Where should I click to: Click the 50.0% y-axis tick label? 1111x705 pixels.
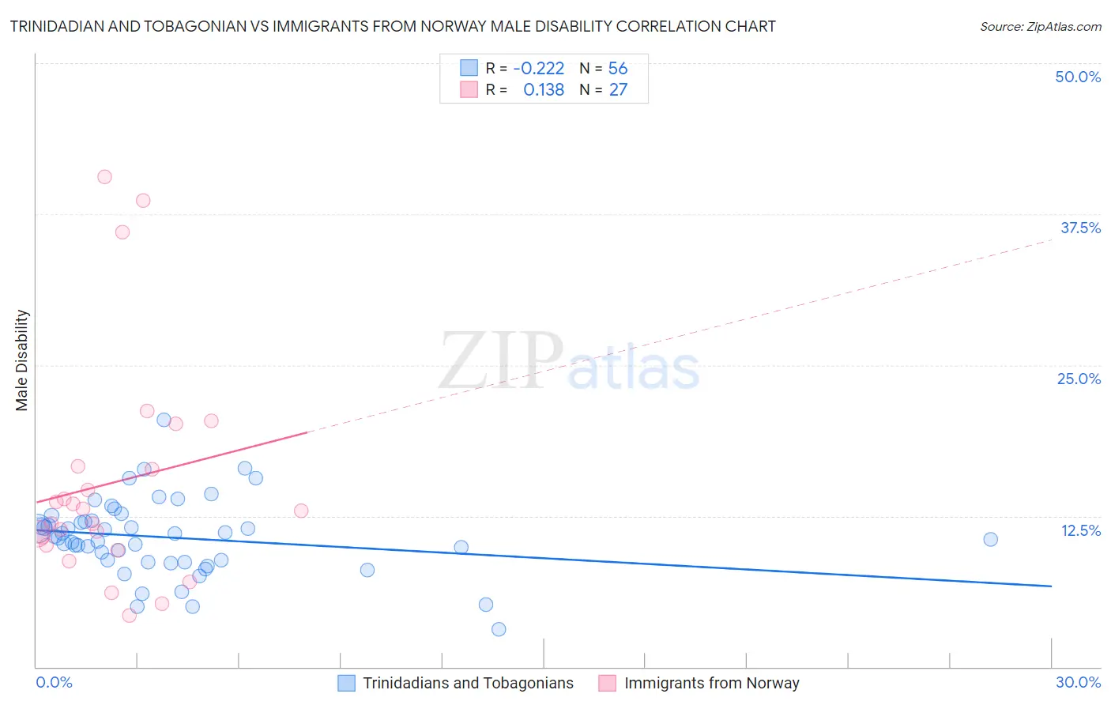pyautogui.click(x=1077, y=77)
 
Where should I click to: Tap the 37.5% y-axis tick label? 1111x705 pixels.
pyautogui.click(x=1079, y=228)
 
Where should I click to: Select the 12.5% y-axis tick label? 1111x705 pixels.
pyautogui.click(x=1079, y=530)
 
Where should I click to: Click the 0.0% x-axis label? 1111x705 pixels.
pyautogui.click(x=54, y=682)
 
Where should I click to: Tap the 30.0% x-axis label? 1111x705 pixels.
pyautogui.click(x=1078, y=682)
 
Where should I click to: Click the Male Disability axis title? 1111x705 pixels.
pyautogui.click(x=22, y=360)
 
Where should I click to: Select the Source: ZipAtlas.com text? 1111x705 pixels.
pyautogui.click(x=1040, y=26)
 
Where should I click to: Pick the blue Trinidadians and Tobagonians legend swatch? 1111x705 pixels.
pyautogui.click(x=346, y=683)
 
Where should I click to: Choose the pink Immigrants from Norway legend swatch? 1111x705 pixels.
pyautogui.click(x=607, y=683)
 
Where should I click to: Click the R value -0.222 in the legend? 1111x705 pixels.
pyautogui.click(x=538, y=69)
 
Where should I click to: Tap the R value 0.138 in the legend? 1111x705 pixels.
pyautogui.click(x=544, y=90)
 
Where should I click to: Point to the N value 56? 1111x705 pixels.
pyautogui.click(x=618, y=69)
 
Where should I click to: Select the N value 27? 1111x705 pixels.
pyautogui.click(x=618, y=90)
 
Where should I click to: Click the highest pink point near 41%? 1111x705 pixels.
pyautogui.click(x=104, y=177)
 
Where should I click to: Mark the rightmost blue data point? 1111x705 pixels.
pyautogui.click(x=990, y=539)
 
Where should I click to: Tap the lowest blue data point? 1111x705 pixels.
pyautogui.click(x=499, y=629)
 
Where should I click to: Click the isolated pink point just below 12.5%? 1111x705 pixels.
pyautogui.click(x=301, y=511)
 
